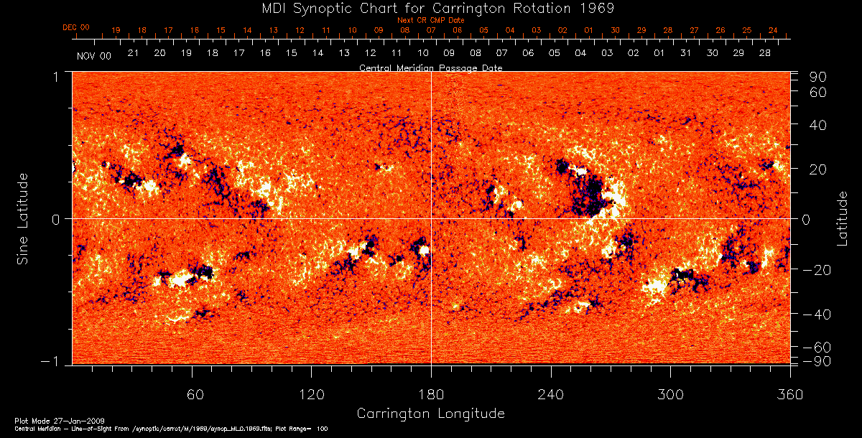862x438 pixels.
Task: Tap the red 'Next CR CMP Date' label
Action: point(431,20)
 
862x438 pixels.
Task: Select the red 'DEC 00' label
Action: point(75,28)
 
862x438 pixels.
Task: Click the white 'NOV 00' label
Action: point(94,55)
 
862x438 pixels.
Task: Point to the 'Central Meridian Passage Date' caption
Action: point(431,67)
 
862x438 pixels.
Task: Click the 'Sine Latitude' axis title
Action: point(23,218)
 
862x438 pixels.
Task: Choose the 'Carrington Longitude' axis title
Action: point(431,414)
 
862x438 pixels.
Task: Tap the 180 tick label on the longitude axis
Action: point(431,393)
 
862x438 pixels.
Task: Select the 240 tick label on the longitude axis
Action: point(551,393)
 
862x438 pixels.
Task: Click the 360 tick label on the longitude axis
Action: point(790,393)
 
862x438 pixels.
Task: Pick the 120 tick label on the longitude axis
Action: point(312,393)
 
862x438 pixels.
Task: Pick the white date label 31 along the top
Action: point(685,54)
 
